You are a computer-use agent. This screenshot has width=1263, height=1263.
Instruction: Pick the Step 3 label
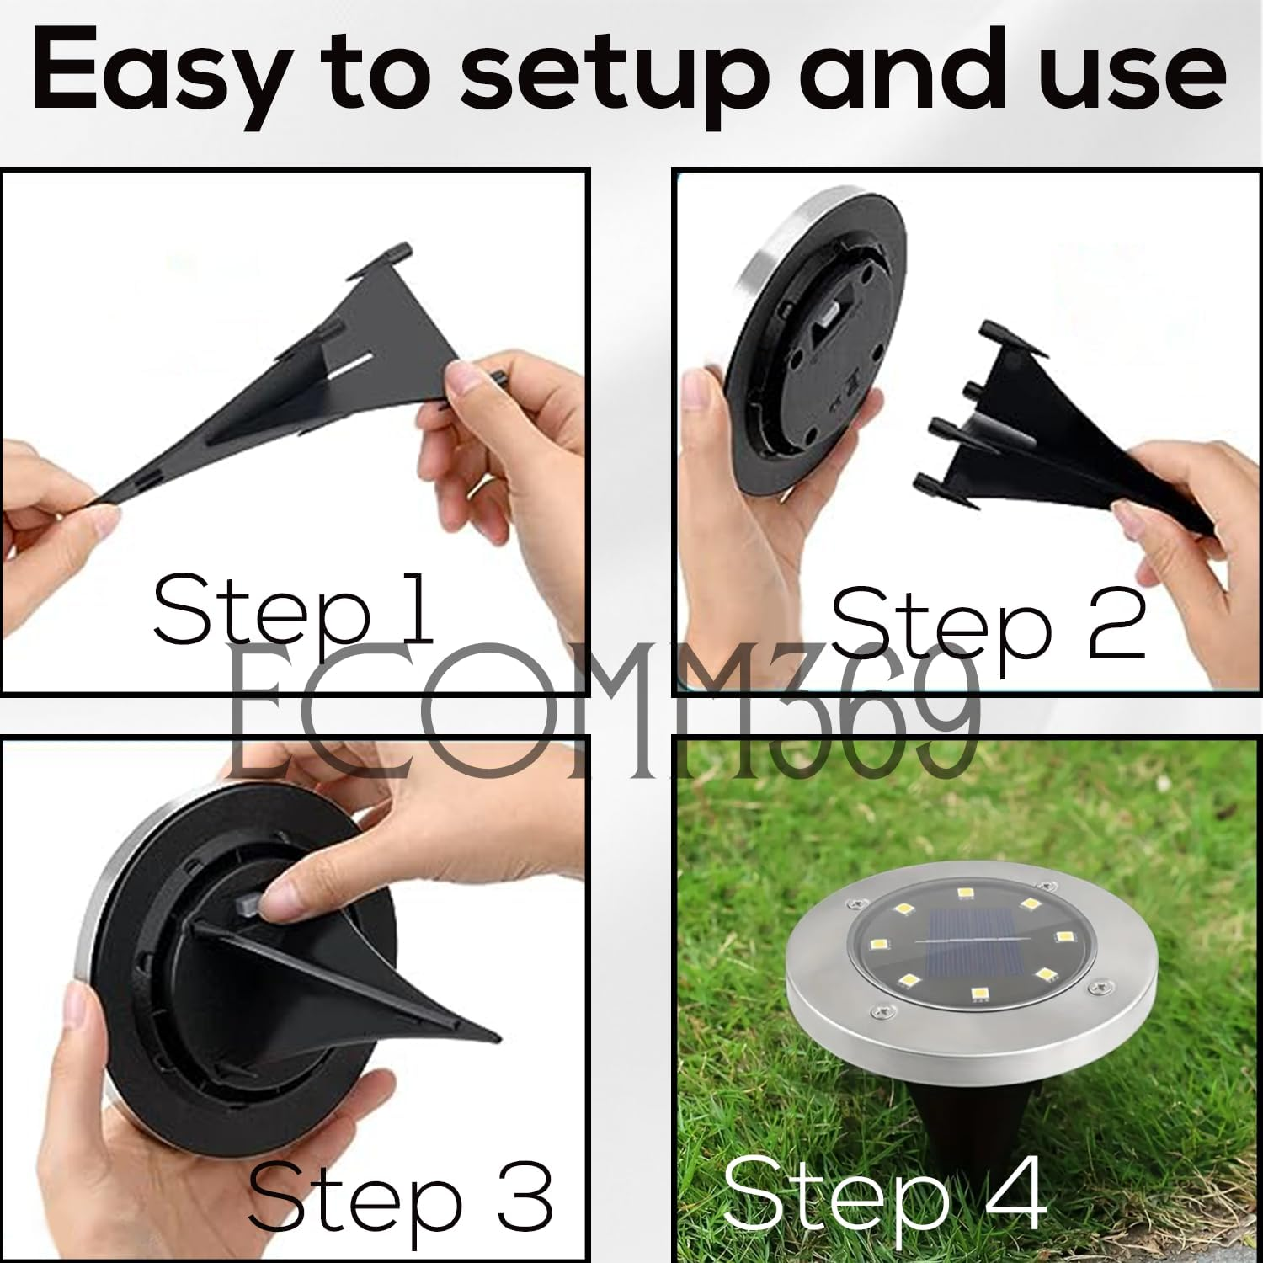(x=400, y=1196)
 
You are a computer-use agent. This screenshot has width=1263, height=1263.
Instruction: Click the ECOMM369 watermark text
(x=602, y=716)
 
